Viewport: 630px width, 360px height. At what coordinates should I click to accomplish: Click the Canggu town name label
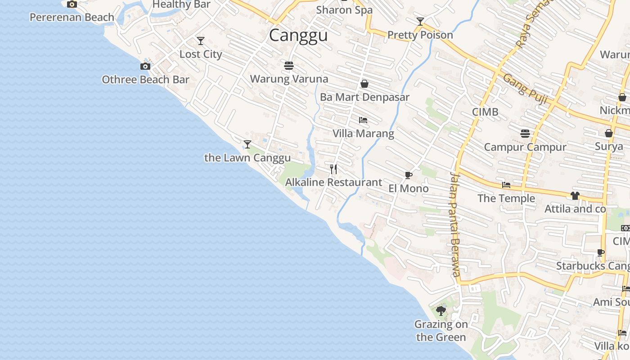(298, 35)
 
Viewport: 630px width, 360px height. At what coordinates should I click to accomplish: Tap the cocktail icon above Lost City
(201, 41)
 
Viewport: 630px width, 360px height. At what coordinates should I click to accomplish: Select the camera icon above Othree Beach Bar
(145, 67)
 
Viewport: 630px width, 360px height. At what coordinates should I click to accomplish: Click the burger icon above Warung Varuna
(289, 66)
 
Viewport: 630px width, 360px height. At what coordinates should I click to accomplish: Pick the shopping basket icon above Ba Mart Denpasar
(364, 84)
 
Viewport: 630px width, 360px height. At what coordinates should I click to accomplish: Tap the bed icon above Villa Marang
(363, 120)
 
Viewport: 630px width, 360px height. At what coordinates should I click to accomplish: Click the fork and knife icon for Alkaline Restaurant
(333, 169)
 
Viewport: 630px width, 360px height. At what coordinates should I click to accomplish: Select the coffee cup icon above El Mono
(408, 175)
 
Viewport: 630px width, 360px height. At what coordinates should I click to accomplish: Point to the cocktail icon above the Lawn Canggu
(247, 144)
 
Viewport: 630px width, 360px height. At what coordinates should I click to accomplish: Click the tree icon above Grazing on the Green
(441, 310)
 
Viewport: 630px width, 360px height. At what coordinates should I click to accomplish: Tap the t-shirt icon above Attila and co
(575, 196)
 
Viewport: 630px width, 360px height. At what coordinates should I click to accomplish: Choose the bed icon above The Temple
(506, 185)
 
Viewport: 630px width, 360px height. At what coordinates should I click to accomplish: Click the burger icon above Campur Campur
(525, 134)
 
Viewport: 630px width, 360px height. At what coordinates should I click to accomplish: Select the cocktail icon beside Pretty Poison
(420, 22)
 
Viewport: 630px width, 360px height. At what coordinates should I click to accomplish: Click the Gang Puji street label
(525, 89)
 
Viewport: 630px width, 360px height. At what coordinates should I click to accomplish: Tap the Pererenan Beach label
(72, 18)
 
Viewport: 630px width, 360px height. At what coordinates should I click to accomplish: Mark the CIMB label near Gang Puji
(485, 112)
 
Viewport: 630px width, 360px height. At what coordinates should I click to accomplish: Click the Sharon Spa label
(344, 10)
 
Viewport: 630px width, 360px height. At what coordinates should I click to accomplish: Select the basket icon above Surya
(608, 133)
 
